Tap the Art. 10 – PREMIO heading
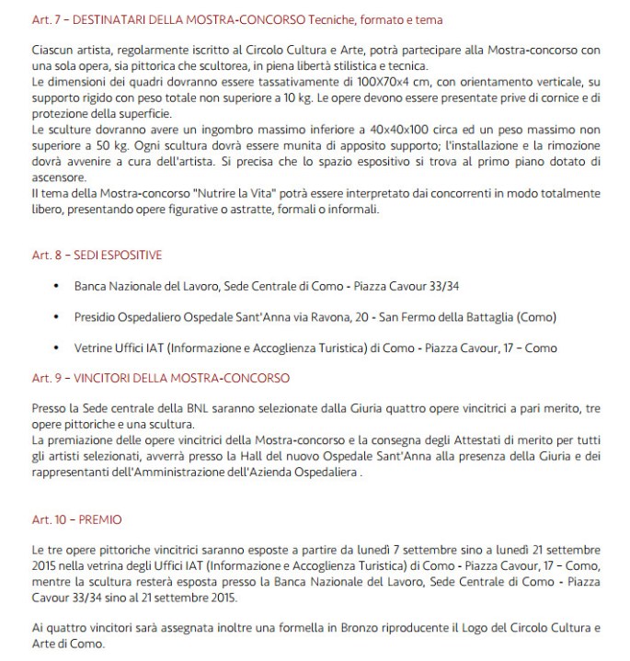(76, 519)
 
